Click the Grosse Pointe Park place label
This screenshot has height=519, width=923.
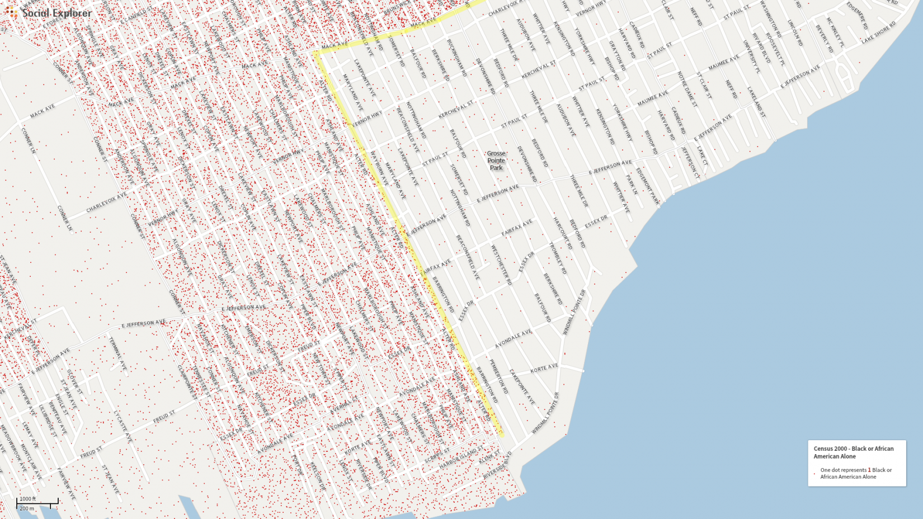click(496, 161)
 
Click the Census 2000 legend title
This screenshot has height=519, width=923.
click(853, 452)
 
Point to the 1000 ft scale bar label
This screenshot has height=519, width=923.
click(27, 499)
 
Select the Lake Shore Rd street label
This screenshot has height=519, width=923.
click(878, 32)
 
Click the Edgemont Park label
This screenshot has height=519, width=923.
click(648, 186)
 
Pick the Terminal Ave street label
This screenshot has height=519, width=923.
click(117, 354)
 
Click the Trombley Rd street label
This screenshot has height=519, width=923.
click(558, 258)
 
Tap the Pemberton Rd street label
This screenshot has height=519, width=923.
click(499, 376)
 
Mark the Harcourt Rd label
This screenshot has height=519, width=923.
click(562, 233)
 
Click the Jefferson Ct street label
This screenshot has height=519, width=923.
click(690, 162)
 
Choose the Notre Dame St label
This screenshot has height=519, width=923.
click(687, 89)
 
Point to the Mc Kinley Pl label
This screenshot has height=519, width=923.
click(834, 32)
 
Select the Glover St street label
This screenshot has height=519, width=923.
click(74, 382)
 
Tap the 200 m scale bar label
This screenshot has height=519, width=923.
click(27, 508)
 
